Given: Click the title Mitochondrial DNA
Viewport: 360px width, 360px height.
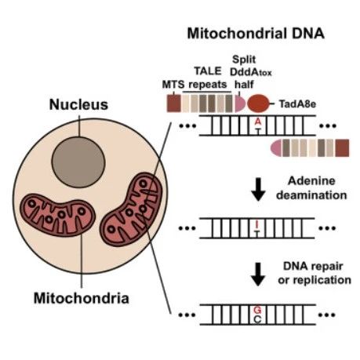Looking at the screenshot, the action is [x=256, y=34].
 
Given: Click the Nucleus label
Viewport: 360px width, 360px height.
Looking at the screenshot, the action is [x=78, y=104].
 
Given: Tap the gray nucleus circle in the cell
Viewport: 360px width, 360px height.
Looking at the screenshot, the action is [x=78, y=162].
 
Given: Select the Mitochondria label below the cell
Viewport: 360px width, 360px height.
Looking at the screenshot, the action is [x=82, y=298].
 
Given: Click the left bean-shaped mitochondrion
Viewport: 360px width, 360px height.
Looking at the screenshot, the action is [x=57, y=215].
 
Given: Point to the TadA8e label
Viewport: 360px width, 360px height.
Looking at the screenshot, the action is [x=297, y=104].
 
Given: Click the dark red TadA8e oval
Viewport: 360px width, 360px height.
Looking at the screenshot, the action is [x=258, y=104].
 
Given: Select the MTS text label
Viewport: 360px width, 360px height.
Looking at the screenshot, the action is [x=173, y=85].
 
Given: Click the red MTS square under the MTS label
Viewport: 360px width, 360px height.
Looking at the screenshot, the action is [x=174, y=104].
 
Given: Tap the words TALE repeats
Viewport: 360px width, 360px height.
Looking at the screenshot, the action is [x=208, y=78].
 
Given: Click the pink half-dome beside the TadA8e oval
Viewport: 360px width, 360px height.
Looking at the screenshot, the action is [x=240, y=104].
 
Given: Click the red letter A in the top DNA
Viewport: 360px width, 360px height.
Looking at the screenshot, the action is [x=258, y=122].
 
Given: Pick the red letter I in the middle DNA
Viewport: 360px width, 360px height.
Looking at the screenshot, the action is [x=257, y=224].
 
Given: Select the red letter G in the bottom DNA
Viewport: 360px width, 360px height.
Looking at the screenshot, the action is [x=257, y=310].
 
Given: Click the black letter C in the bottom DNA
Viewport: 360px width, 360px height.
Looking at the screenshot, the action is [x=257, y=319].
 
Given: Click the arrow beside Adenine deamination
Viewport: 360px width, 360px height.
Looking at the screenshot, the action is [x=258, y=189].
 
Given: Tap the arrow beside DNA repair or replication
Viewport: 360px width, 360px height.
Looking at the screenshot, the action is [x=258, y=275].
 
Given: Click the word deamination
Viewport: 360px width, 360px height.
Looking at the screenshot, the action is [x=311, y=195].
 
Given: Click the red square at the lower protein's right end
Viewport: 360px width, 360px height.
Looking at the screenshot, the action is [x=342, y=148].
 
